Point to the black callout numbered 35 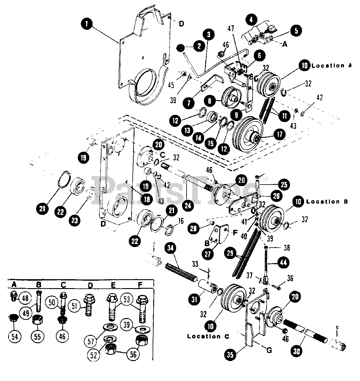click(x=231, y=355)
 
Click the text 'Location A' click(x=331, y=65)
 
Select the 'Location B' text click(x=327, y=202)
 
